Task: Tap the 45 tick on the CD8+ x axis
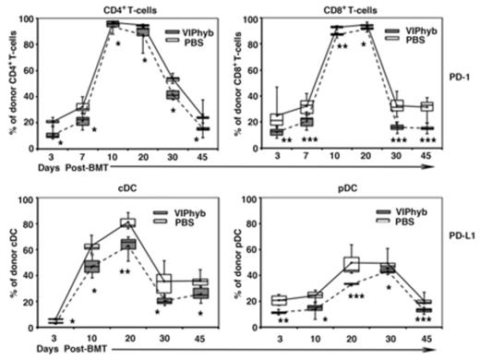coord(427,159)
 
